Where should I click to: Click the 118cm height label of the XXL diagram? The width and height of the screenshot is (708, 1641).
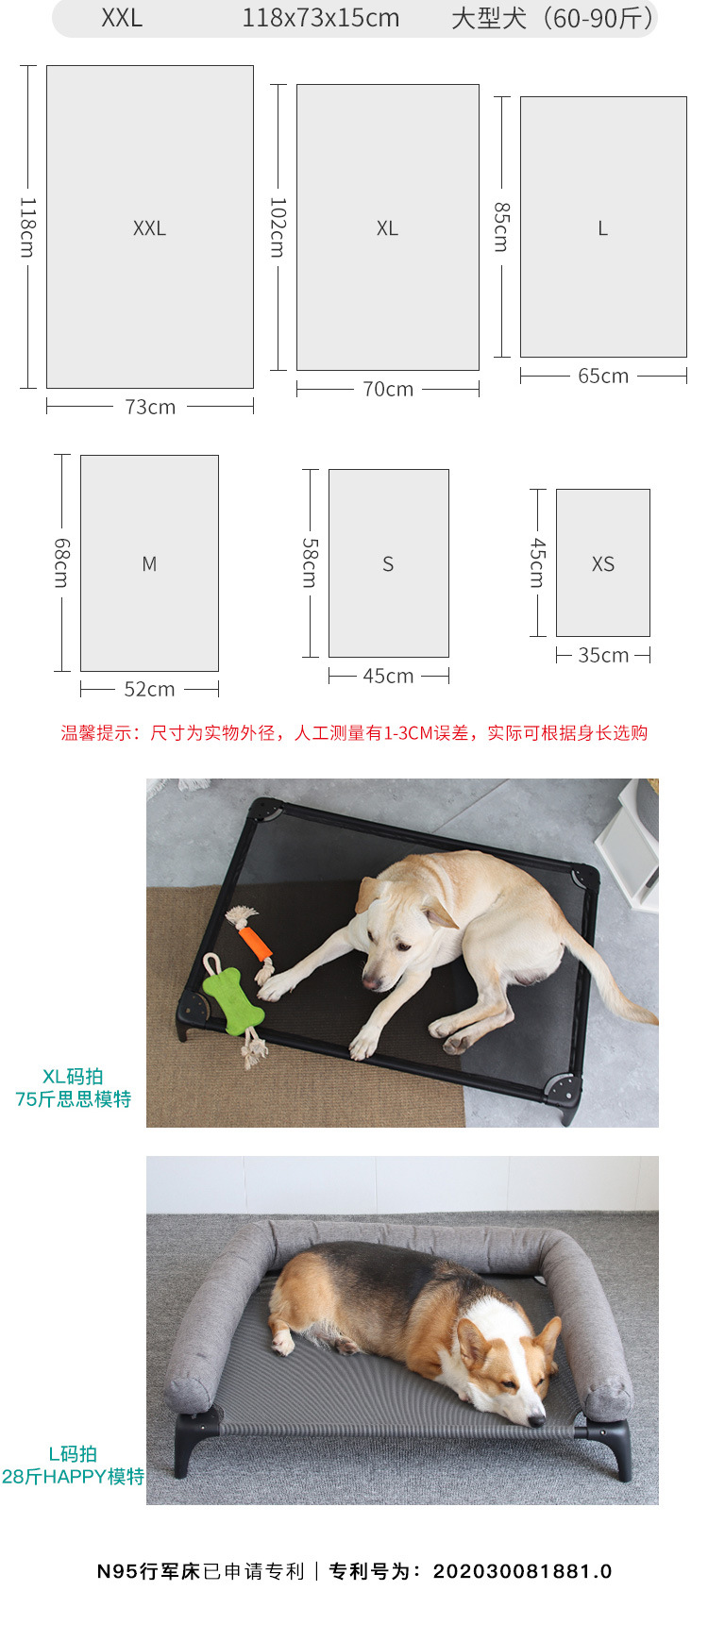click(27, 227)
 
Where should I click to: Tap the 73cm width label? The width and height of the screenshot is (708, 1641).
click(150, 407)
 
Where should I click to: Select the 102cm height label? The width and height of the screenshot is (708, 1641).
click(278, 227)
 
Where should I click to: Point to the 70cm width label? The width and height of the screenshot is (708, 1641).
click(388, 389)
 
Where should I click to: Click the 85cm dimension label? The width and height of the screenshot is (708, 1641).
click(501, 226)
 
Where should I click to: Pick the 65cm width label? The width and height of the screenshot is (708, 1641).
click(603, 376)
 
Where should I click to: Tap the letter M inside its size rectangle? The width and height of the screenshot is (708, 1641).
click(149, 563)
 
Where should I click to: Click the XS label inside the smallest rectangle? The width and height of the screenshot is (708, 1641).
click(603, 563)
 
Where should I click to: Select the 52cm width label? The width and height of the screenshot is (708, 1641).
click(149, 689)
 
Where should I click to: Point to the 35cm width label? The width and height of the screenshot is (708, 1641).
click(603, 655)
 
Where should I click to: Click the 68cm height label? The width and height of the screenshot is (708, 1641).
click(61, 562)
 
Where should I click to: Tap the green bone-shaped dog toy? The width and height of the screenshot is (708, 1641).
click(233, 998)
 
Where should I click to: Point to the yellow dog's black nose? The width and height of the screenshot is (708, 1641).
click(370, 981)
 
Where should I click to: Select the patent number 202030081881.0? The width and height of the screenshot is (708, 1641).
click(522, 1571)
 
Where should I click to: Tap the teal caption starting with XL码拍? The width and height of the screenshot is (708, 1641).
click(73, 1087)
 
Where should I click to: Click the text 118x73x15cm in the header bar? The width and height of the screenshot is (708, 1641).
click(320, 18)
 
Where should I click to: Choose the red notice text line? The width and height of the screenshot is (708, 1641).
click(354, 733)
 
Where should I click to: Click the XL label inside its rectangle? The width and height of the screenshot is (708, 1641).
click(387, 227)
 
